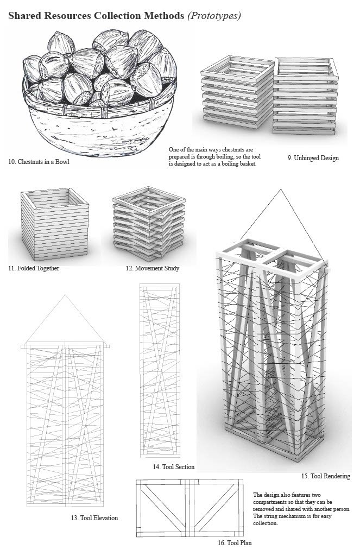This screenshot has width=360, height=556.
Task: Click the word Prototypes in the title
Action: tap(214, 16)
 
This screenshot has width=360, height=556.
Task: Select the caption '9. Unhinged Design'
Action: tap(313, 158)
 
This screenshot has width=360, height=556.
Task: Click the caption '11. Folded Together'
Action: tap(34, 268)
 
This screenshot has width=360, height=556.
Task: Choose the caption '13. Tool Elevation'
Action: tap(94, 517)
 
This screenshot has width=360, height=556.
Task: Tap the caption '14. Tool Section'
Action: tap(174, 466)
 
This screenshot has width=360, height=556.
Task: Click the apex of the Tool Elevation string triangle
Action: tap(65, 295)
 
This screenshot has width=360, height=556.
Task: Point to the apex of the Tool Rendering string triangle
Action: tap(280, 189)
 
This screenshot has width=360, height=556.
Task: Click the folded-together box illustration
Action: tap(54, 225)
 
